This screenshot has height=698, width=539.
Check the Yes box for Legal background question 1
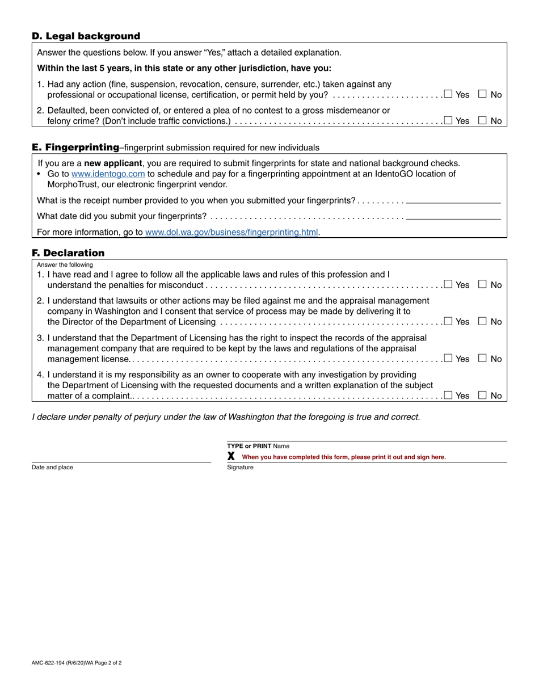[x=448, y=94]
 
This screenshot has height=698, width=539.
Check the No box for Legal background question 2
[x=483, y=120]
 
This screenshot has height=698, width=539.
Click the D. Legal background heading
[x=86, y=36]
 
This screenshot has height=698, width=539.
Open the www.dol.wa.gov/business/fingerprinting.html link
[x=231, y=232]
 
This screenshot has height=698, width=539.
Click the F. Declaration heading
[x=68, y=253]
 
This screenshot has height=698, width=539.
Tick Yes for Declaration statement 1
[x=448, y=284]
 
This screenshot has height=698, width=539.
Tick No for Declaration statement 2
[x=483, y=321]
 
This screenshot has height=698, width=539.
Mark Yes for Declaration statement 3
[x=448, y=358]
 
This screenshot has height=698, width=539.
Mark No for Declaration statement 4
[x=483, y=396]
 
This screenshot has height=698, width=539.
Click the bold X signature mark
[x=231, y=456]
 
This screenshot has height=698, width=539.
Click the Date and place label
[x=52, y=468]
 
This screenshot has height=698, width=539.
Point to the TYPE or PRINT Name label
[x=258, y=446]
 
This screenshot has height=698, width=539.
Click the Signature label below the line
[x=240, y=468]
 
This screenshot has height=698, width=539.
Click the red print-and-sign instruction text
[x=344, y=457]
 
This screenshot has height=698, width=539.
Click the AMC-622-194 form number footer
[x=77, y=663]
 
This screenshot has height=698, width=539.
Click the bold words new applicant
[x=113, y=163]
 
